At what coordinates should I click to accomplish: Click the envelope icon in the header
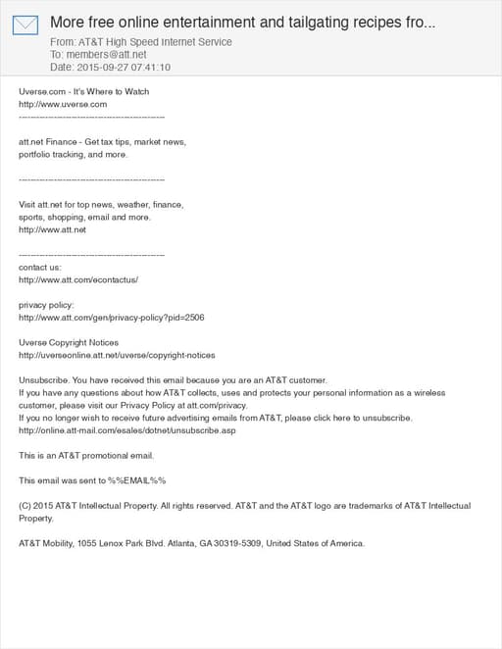point(26,25)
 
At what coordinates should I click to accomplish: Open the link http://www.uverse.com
point(63,104)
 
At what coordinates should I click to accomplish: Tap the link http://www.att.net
point(53,229)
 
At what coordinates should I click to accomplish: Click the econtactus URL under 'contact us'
point(78,279)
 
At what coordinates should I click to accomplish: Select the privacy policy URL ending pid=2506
point(112,318)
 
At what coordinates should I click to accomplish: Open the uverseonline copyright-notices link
point(117,355)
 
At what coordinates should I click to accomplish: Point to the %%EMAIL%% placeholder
point(136,480)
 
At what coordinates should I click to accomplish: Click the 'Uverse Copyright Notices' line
point(69,342)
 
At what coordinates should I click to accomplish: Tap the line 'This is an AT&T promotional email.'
point(86,455)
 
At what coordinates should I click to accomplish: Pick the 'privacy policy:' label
point(46,305)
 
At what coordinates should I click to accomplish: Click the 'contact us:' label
point(40,267)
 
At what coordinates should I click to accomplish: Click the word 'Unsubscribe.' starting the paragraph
point(44,380)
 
